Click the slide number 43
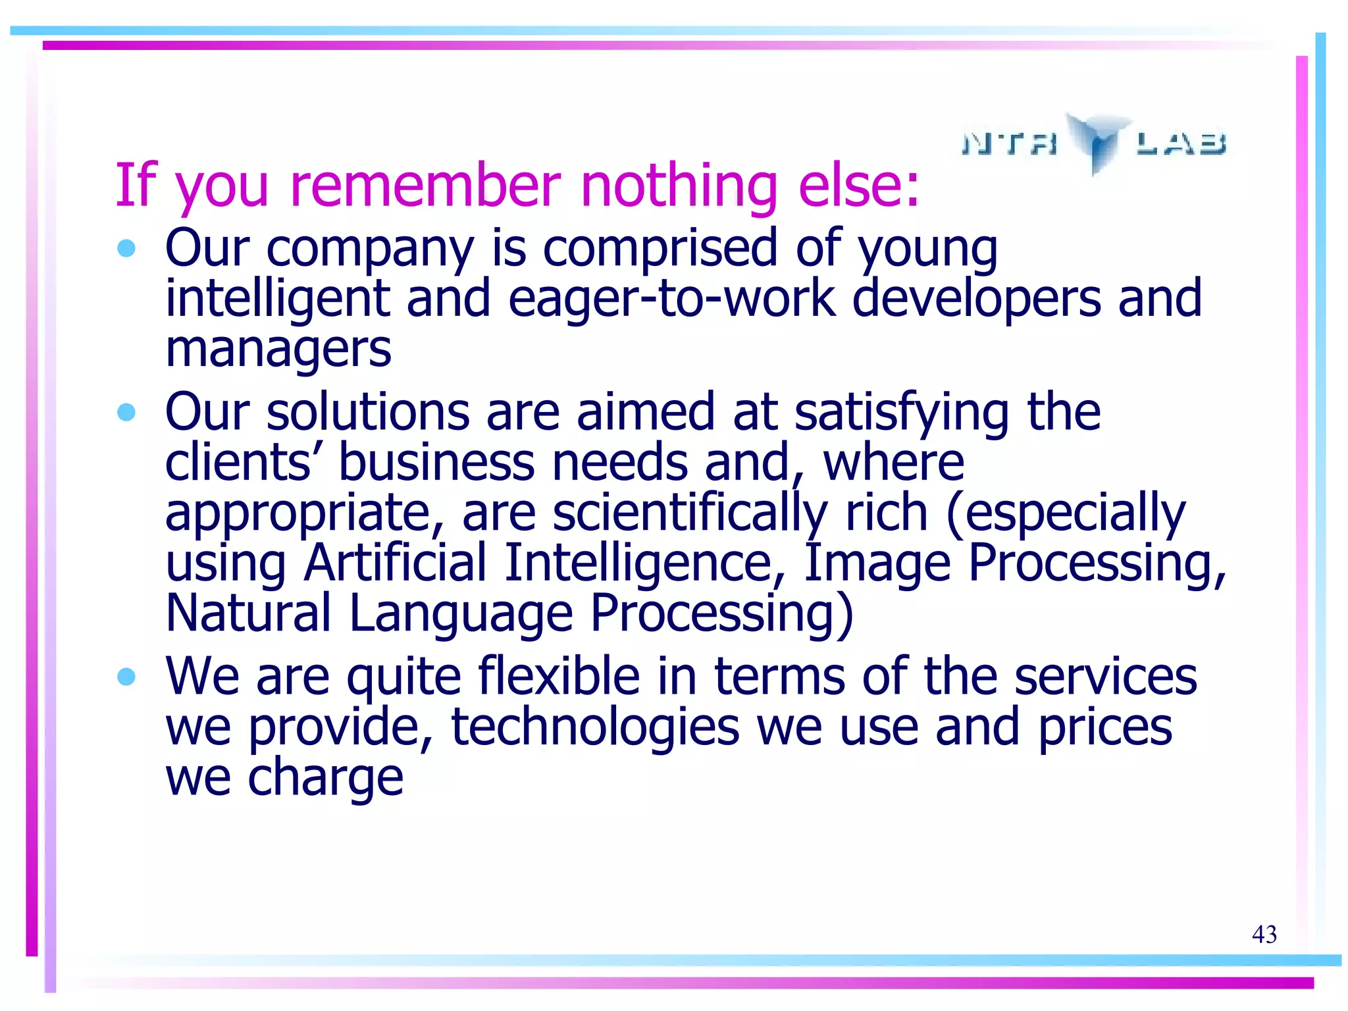pos(1264,934)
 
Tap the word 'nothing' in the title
pos(679,186)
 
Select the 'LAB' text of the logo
pos(1181,143)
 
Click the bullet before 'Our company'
pos(126,249)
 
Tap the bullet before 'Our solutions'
pos(126,413)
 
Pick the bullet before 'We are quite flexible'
pos(126,677)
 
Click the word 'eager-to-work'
pos(671,299)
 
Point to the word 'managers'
pos(278,350)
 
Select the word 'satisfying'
pos(902,413)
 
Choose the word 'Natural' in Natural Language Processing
pos(248,613)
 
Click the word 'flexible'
pos(559,677)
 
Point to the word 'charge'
pos(325,779)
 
